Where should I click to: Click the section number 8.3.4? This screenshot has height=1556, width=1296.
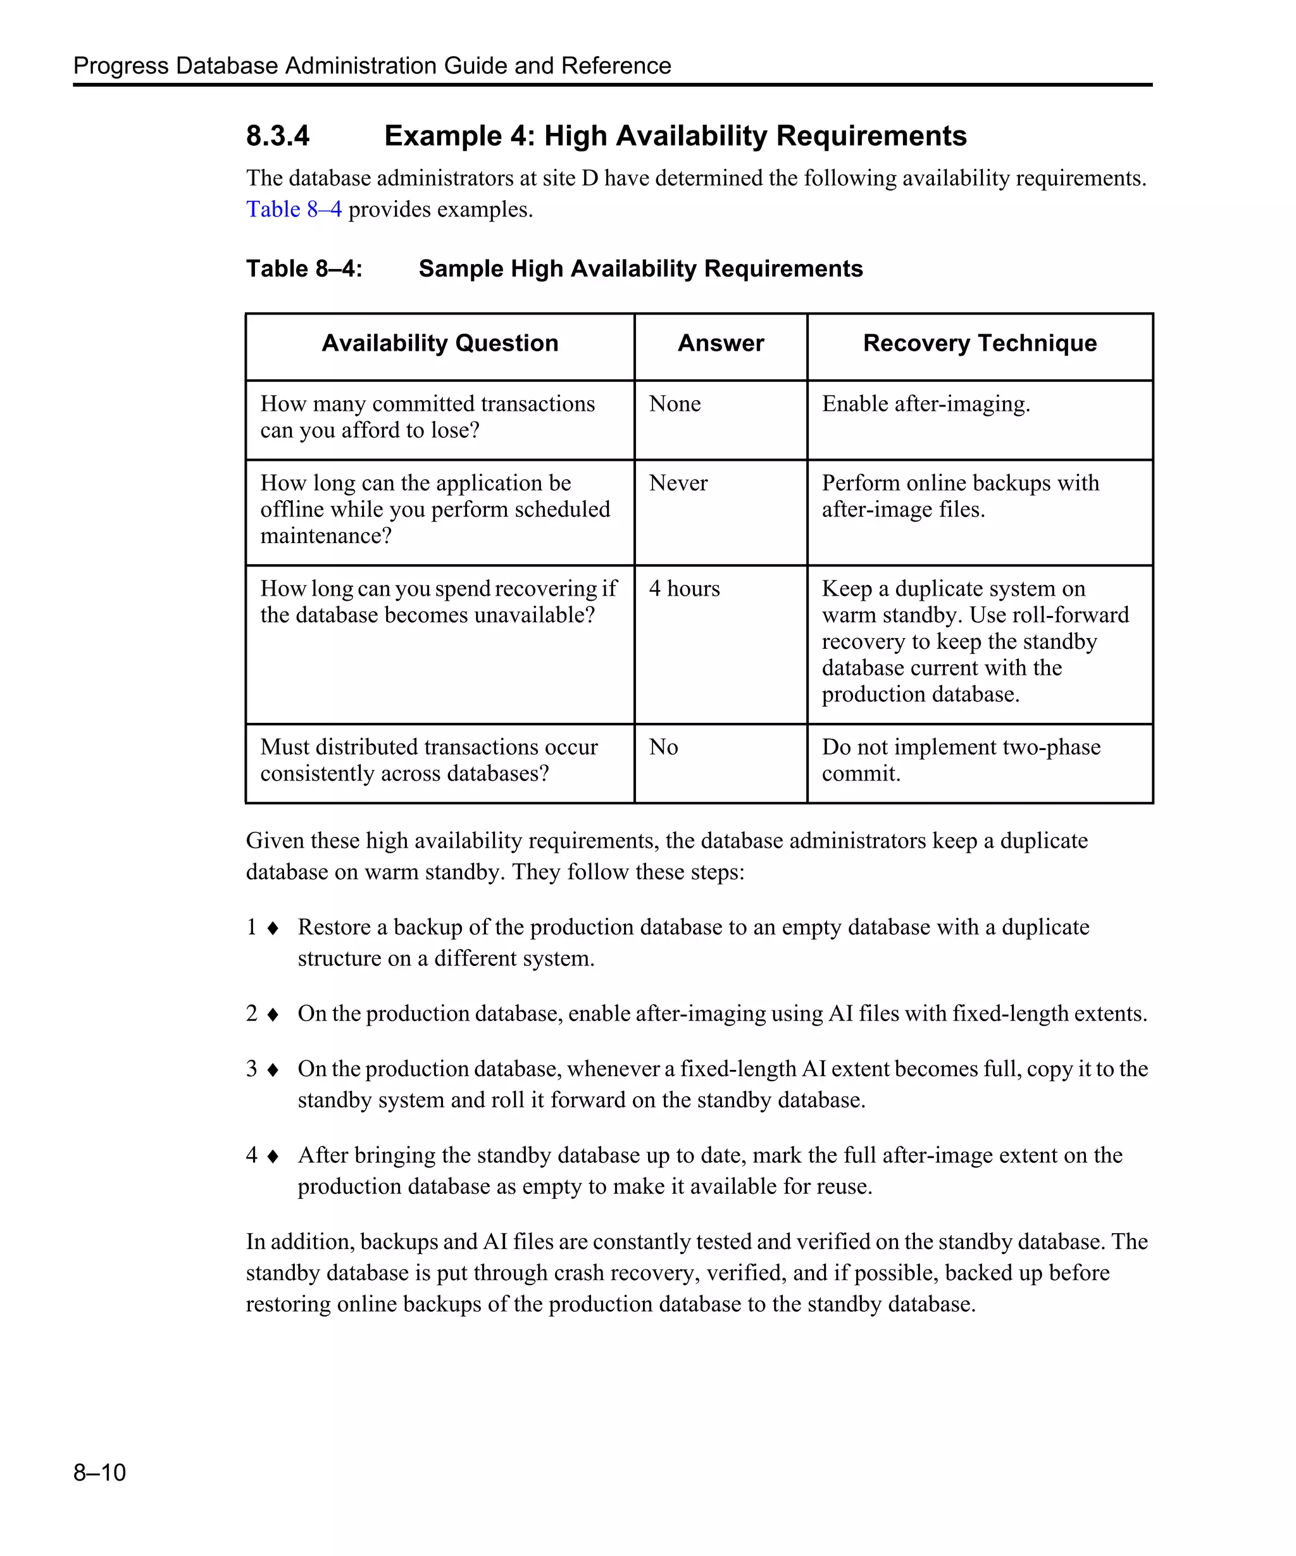(278, 136)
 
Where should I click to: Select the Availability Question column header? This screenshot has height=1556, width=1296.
(440, 343)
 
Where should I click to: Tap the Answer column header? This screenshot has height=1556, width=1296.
(721, 343)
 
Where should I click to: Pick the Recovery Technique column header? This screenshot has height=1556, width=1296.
(980, 343)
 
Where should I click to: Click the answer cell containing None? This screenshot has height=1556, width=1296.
(675, 404)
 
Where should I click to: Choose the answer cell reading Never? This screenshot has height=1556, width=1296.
(678, 483)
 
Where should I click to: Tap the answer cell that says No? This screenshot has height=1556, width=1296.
(664, 748)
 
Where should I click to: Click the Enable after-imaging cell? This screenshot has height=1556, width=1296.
(926, 404)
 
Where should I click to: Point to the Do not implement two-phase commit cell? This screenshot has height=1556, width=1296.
(961, 760)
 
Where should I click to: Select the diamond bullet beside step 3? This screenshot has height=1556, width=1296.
(273, 1070)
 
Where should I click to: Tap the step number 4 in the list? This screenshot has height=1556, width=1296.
(252, 1155)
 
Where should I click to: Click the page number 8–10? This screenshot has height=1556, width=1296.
(99, 1472)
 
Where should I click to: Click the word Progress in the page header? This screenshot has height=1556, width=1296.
(121, 66)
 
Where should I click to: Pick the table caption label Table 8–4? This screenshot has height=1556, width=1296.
(304, 269)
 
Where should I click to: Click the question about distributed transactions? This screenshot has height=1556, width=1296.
(429, 760)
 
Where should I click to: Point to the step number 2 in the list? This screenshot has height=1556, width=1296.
(252, 1013)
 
